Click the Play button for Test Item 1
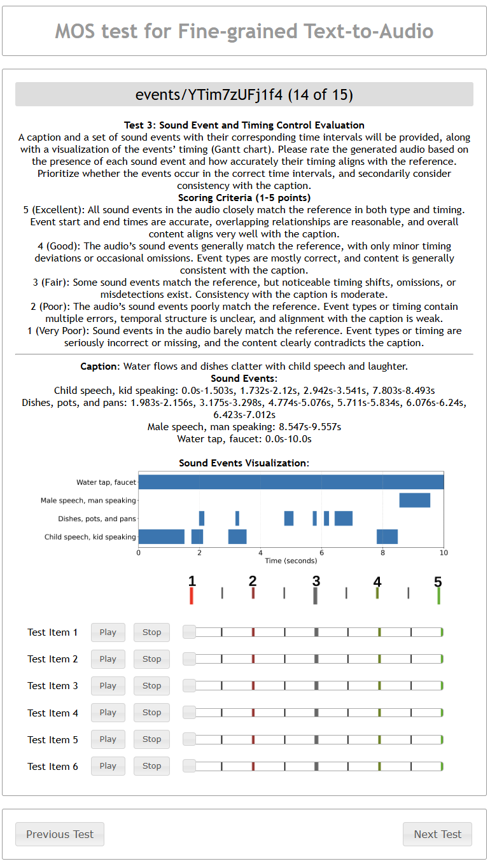pyautogui.click(x=108, y=632)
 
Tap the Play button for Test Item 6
pyautogui.click(x=108, y=766)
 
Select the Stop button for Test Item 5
pyautogui.click(x=151, y=739)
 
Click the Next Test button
pyautogui.click(x=437, y=834)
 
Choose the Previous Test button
pyautogui.click(x=60, y=834)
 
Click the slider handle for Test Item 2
pyautogui.click(x=190, y=659)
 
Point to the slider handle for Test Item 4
pyautogui.click(x=190, y=713)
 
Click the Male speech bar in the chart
pyautogui.click(x=414, y=500)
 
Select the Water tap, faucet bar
pyautogui.click(x=291, y=482)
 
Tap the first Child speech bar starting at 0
pyautogui.click(x=161, y=536)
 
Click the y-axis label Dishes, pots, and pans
pyautogui.click(x=97, y=519)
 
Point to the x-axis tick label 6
pyautogui.click(x=322, y=552)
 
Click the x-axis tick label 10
pyautogui.click(x=444, y=552)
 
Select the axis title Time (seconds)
pyautogui.click(x=291, y=561)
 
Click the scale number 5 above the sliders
pyautogui.click(x=438, y=582)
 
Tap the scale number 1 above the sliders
pyautogui.click(x=192, y=581)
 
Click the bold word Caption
pyautogui.click(x=99, y=367)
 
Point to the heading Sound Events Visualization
pyautogui.click(x=244, y=463)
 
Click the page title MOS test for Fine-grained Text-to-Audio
pyautogui.click(x=244, y=31)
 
